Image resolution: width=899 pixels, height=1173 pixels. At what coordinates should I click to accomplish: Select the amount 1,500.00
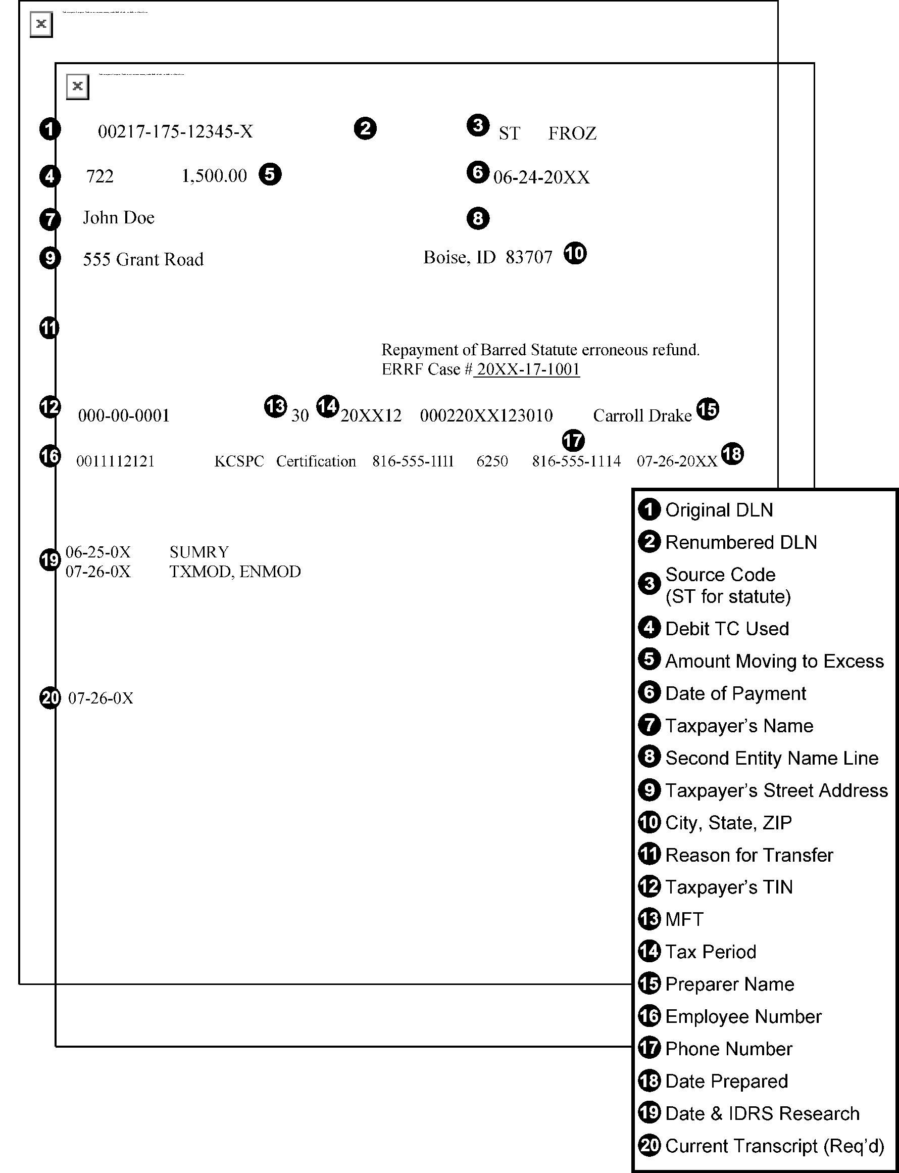214,175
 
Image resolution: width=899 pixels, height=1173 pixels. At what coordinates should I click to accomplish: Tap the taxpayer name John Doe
118,218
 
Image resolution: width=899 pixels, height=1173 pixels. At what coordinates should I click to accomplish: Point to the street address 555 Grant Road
143,260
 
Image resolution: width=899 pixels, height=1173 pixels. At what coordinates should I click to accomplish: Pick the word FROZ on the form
572,133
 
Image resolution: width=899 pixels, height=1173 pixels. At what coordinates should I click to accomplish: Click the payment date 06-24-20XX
541,177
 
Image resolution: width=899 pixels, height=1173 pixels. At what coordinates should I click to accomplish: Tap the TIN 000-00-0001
124,415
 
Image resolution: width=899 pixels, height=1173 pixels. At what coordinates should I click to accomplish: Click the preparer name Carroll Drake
642,416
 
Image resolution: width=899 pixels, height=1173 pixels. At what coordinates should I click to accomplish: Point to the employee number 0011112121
115,461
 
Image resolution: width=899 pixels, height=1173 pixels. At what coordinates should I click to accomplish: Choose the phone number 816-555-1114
576,461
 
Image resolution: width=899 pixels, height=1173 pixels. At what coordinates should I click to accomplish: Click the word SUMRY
199,552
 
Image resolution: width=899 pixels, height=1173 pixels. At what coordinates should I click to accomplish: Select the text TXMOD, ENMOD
235,572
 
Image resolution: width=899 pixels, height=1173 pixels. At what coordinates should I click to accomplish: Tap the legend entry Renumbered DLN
740,542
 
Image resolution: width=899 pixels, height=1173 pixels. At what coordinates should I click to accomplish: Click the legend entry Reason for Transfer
748,855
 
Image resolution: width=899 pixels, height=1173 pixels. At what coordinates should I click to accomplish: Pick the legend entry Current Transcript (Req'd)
774,1146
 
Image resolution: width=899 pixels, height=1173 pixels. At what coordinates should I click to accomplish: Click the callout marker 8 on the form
478,218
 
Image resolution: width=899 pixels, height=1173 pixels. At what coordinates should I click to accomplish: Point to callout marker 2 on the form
365,129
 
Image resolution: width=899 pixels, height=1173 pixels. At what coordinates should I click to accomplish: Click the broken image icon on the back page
41,25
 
